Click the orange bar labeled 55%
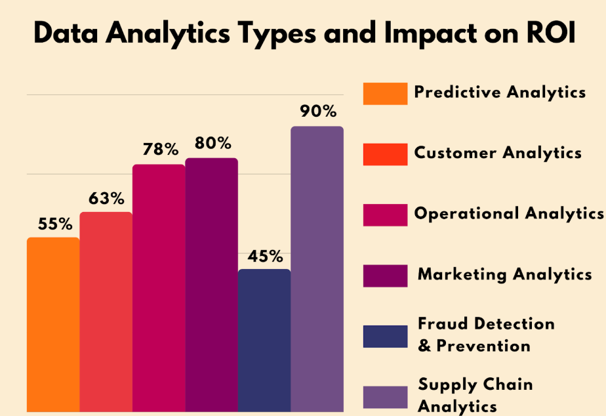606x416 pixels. (53, 324)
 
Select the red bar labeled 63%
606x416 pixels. (106, 312)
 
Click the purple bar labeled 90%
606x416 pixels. (317, 268)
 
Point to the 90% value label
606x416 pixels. (318, 111)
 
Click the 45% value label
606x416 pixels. (264, 255)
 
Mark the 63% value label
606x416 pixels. (107, 198)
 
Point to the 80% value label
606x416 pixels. (212, 142)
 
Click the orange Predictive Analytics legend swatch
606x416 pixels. (385, 94)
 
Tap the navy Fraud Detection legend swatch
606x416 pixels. (385, 337)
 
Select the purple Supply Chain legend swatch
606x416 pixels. (385, 398)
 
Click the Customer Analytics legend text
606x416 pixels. (498, 153)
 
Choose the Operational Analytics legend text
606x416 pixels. (508, 213)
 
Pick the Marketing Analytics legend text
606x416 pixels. (504, 274)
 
